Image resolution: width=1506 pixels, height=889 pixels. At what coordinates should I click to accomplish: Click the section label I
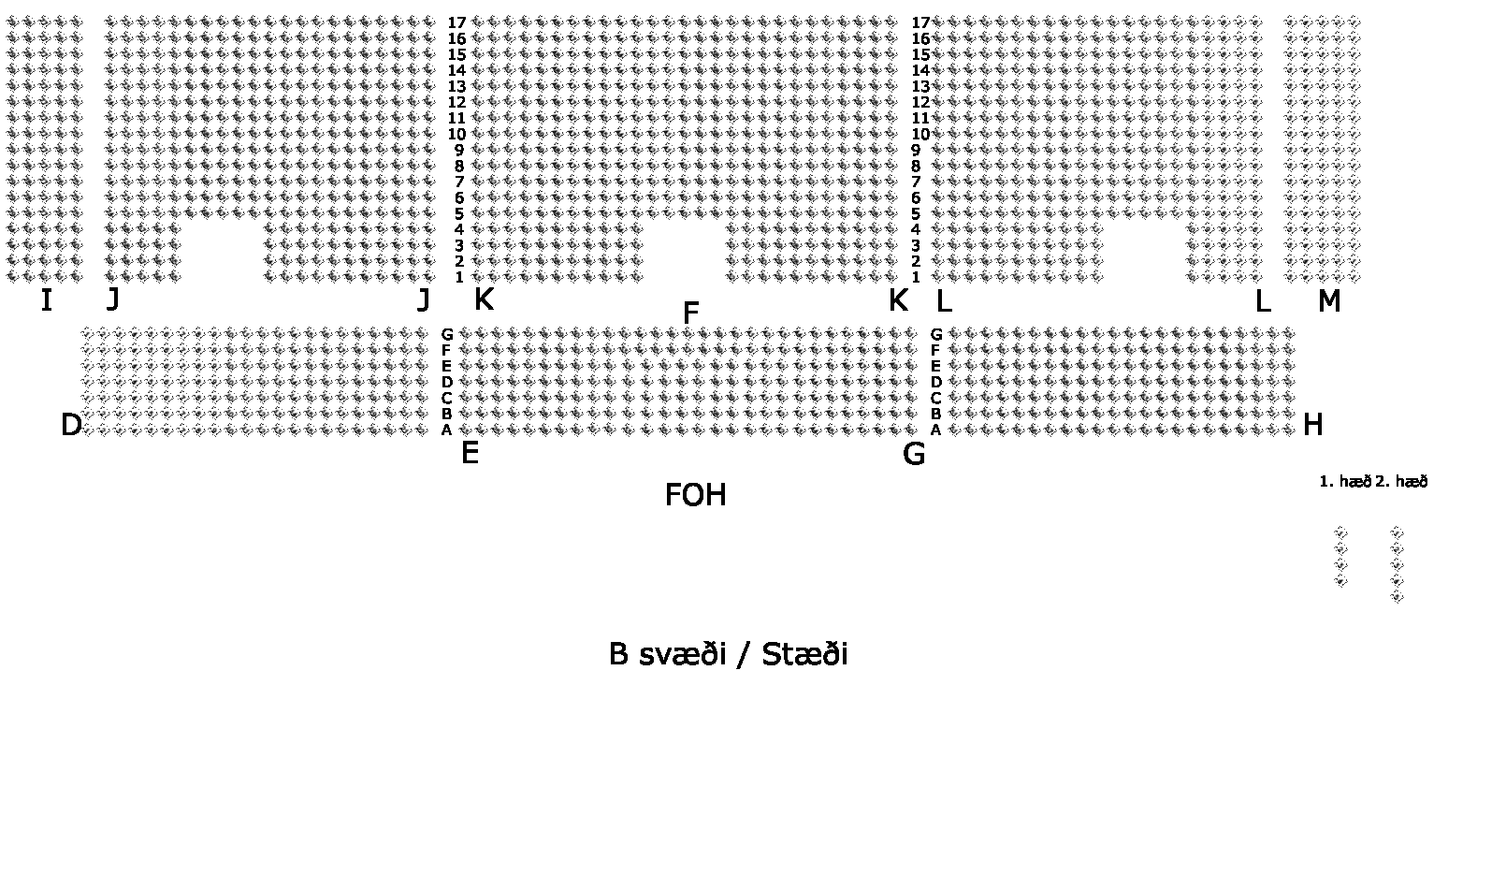(x=46, y=301)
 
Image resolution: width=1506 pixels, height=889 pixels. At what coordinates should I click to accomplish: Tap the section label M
(x=1328, y=301)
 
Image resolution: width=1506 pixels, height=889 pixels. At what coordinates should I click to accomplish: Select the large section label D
(x=71, y=426)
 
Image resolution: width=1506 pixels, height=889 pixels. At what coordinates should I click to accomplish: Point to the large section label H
(x=1312, y=426)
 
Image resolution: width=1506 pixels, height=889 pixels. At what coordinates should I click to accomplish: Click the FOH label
(x=695, y=495)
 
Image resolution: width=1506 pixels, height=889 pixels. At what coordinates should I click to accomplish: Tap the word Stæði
(x=804, y=654)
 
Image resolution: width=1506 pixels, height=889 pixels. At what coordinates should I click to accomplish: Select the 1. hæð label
(x=1344, y=482)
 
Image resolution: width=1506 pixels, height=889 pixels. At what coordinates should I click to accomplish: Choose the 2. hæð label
(x=1401, y=482)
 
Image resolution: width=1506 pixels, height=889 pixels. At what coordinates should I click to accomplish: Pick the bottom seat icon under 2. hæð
(x=1397, y=597)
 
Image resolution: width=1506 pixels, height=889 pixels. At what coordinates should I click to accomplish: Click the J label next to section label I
(x=113, y=300)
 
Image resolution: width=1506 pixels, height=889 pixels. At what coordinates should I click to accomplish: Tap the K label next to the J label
(x=484, y=300)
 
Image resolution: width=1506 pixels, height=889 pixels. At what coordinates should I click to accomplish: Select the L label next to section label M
(x=1262, y=301)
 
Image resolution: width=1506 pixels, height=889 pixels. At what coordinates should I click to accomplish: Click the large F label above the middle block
(x=691, y=313)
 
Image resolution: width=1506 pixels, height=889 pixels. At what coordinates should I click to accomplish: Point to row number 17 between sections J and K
(x=456, y=23)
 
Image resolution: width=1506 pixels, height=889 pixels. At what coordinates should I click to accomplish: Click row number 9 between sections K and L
(x=916, y=150)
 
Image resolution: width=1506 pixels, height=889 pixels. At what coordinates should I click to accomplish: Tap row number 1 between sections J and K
(x=459, y=277)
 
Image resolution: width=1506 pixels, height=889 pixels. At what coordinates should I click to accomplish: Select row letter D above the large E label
(x=447, y=382)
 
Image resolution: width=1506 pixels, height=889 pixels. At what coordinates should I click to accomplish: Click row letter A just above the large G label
(x=935, y=430)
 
